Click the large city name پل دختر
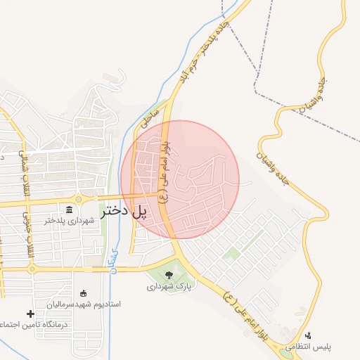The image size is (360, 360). pos(125,211)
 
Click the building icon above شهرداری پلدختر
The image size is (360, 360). pos(69,210)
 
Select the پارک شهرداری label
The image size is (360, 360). pos(169,286)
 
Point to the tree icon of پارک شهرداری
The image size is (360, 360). pos(169,274)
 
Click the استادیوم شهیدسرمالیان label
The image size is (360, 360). pos(84,304)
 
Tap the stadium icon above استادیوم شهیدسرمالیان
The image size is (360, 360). pos(84,292)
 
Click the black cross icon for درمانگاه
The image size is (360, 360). pos(30,314)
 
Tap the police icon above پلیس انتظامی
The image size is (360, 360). pos(308,336)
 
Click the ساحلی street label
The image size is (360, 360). pos(150,115)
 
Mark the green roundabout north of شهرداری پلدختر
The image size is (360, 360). pos(79,199)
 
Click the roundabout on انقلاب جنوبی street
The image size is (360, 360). pos(32,269)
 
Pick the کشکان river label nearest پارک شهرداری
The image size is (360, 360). pos(114,260)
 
